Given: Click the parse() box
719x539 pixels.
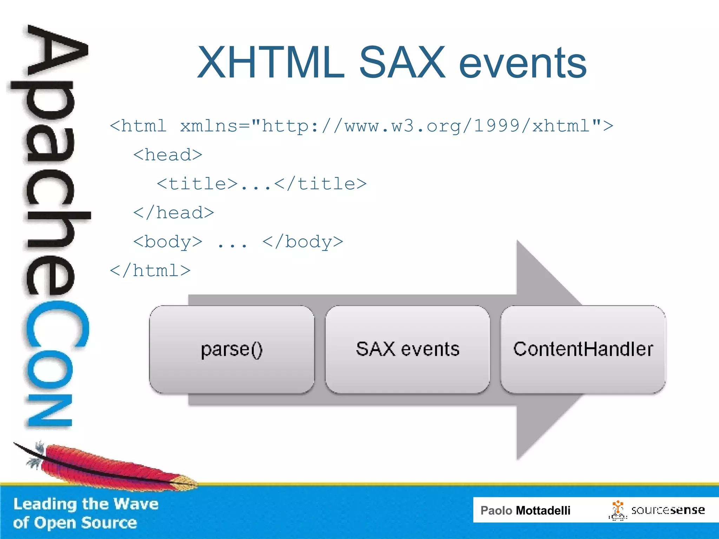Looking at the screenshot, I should (x=232, y=350).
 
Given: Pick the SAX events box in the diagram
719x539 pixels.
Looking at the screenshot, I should (x=407, y=350).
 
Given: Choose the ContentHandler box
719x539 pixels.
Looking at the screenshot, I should (x=583, y=350).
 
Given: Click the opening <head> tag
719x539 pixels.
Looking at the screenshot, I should (x=168, y=155).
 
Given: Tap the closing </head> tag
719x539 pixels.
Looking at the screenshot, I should (x=173, y=213).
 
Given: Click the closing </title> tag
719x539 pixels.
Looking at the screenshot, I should (x=320, y=184).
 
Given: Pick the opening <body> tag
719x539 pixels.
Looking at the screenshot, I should (x=168, y=242).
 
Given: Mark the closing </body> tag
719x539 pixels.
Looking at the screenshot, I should (x=303, y=242).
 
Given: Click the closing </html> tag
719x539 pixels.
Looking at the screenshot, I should (x=150, y=271).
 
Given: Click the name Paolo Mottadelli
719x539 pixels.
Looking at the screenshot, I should (x=525, y=510).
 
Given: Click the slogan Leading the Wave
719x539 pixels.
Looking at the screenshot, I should (x=86, y=504).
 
